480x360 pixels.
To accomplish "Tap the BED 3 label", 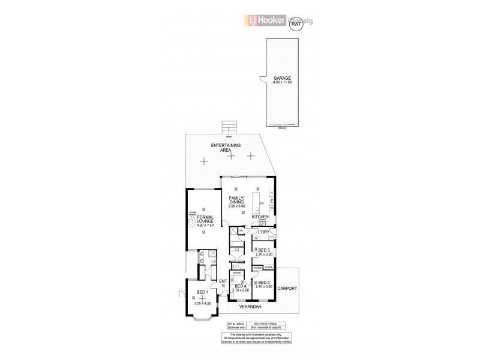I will (x=265, y=251).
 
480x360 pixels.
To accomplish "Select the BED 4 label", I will (x=241, y=287).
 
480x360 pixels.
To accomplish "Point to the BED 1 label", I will (x=202, y=293).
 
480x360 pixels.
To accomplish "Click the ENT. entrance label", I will (x=223, y=281).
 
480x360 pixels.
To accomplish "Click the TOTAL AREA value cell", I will (x=268, y=325).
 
